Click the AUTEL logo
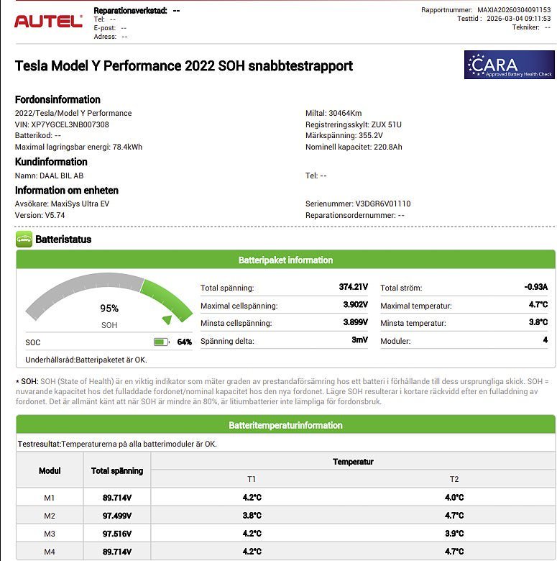click(x=48, y=21)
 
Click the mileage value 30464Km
click(x=344, y=113)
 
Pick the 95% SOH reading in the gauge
click(x=109, y=309)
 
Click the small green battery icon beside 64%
click(x=161, y=342)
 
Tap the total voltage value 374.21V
click(x=353, y=287)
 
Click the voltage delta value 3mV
click(x=359, y=340)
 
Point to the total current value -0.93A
click(x=535, y=287)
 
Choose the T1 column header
click(x=252, y=479)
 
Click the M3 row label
click(x=49, y=534)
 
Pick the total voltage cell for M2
click(x=117, y=516)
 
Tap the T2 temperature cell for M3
click(x=454, y=534)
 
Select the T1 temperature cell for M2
click(x=252, y=516)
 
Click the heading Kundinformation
click(x=51, y=162)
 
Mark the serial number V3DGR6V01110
click(x=383, y=204)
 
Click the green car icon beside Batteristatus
click(x=24, y=240)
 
